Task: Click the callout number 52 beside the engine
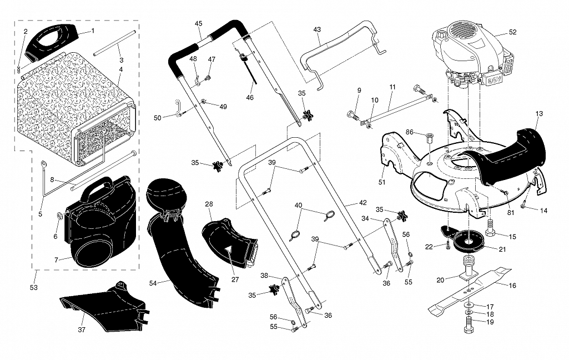pos(512,32)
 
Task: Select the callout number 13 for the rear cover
pos(539,114)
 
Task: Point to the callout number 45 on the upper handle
pos(199,24)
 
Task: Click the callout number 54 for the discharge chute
pos(153,283)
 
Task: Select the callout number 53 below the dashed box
pos(34,287)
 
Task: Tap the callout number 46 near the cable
pos(250,97)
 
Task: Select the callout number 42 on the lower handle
pos(362,203)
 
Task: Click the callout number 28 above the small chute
pos(209,204)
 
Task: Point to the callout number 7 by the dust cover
pos(56,260)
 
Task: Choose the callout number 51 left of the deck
pos(382,182)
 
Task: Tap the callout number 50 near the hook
pos(158,118)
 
